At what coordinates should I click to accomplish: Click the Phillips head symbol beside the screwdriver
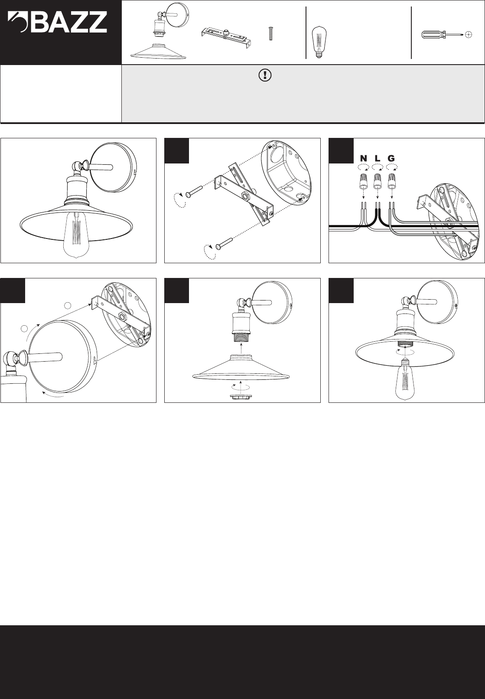(x=469, y=35)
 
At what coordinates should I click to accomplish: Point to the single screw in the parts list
(x=271, y=34)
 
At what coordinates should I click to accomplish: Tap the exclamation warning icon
(x=265, y=75)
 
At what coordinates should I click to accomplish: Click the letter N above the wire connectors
(x=364, y=158)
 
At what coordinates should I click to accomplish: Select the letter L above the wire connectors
(x=378, y=158)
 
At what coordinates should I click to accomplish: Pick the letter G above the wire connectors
(x=391, y=158)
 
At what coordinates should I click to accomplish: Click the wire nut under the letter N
(x=363, y=183)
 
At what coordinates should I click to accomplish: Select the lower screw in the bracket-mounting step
(x=225, y=243)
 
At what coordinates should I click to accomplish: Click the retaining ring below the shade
(x=241, y=397)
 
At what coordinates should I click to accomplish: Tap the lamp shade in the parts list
(x=159, y=51)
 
